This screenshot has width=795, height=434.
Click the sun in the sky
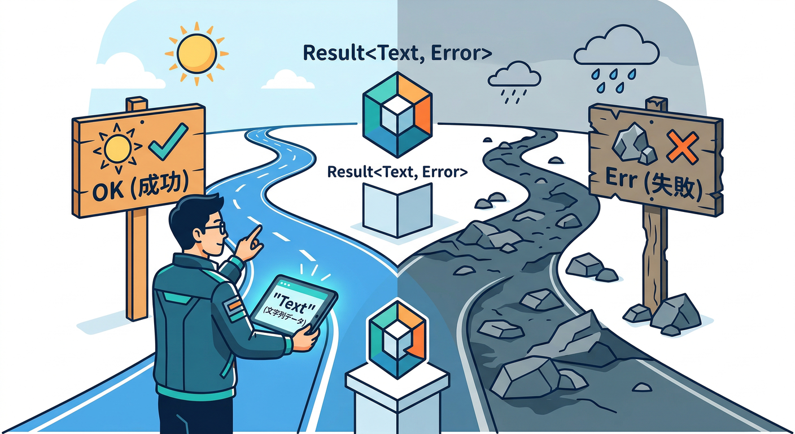(x=196, y=54)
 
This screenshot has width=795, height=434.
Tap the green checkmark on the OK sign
(x=168, y=142)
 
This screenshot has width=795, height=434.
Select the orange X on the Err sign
(x=682, y=147)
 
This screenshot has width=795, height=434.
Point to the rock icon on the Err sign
(x=634, y=145)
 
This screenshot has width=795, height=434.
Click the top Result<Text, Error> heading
(x=397, y=53)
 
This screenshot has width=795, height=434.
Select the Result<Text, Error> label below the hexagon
(x=397, y=172)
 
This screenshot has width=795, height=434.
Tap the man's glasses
(x=215, y=228)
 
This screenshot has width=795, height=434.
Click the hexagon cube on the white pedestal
(x=397, y=339)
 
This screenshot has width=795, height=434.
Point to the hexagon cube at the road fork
(x=397, y=115)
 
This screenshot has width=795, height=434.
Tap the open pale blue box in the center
(x=397, y=210)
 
